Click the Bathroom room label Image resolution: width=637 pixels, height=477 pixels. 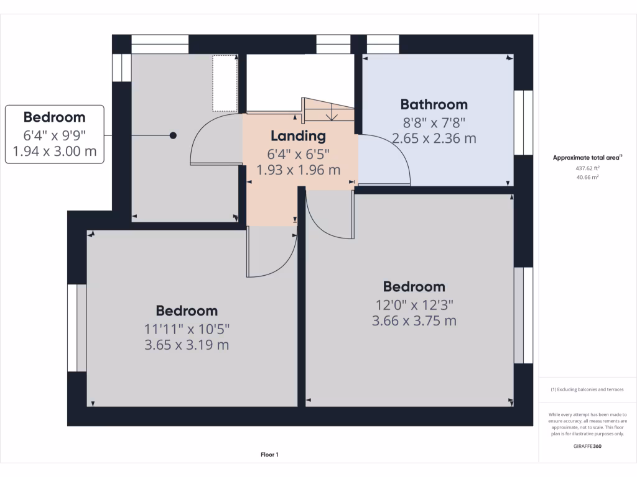click(434, 104)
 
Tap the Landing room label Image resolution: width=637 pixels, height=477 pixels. click(298, 135)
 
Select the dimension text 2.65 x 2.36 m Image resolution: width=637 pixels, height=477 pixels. click(434, 138)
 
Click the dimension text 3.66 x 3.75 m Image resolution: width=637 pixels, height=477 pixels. click(414, 320)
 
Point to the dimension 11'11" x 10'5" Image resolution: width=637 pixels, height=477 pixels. click(187, 329)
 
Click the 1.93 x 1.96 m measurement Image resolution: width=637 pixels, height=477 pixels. click(298, 169)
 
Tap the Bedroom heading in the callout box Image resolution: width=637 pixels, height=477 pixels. click(54, 117)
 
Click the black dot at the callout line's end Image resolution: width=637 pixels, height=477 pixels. click(174, 135)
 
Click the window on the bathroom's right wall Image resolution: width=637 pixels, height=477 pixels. click(523, 122)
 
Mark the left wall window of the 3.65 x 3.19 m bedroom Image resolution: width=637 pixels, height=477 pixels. click(77, 328)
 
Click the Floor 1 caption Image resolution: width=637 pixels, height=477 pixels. click(269, 455)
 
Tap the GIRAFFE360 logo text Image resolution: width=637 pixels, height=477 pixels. click(588, 446)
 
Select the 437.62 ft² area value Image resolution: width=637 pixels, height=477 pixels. click(588, 168)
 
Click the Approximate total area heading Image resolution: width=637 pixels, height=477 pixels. click(588, 158)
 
